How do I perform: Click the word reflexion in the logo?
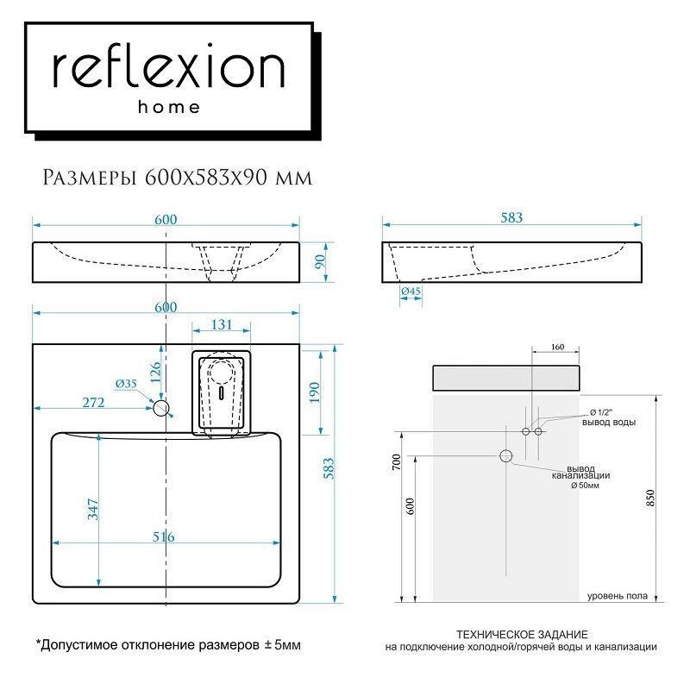tap(169, 68)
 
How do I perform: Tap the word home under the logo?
tap(169, 108)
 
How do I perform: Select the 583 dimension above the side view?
tap(511, 218)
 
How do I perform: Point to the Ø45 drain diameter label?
tap(411, 292)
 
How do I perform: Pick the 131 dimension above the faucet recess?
tap(222, 325)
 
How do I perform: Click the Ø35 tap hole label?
tap(126, 384)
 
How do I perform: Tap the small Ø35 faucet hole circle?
tap(162, 407)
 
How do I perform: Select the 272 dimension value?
tap(94, 402)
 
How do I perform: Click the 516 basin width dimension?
tap(164, 537)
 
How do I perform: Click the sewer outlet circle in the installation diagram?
tap(506, 455)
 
